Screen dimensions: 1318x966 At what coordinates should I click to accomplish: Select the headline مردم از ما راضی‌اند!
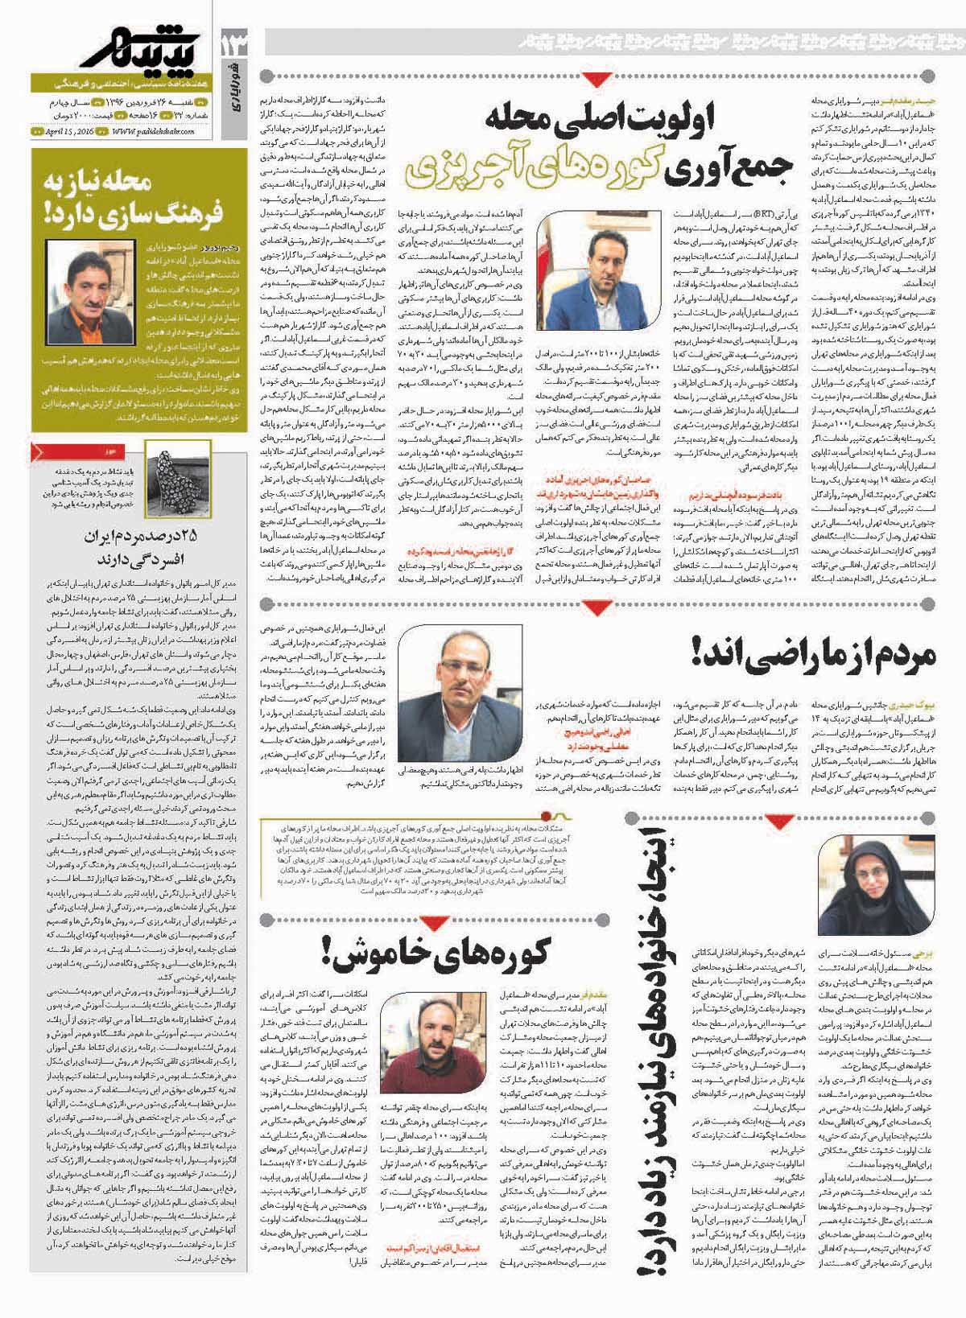tap(814, 651)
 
